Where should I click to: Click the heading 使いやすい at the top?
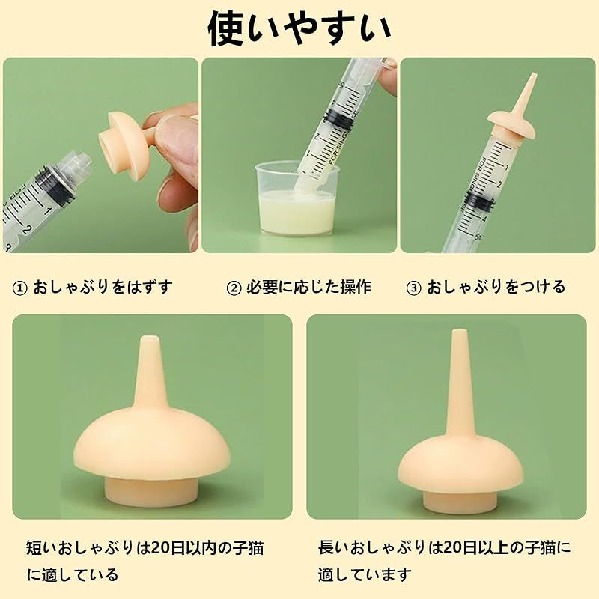pos(299,29)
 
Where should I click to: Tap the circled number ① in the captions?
pos(20,288)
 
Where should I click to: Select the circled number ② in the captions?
pos(234,288)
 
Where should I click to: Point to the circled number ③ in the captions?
pos(413,288)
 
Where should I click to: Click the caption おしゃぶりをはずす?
pos(103,287)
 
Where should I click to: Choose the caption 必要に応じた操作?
pos(308,287)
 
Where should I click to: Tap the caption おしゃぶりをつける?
pos(496,287)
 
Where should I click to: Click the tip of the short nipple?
pos(150,338)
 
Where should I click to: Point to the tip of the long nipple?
pos(458,331)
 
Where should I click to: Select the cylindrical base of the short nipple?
pos(152,492)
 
